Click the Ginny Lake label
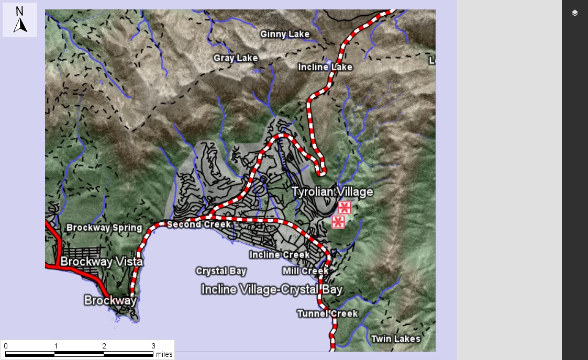pyautogui.click(x=285, y=35)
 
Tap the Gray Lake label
pyautogui.click(x=236, y=58)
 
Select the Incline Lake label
pyautogui.click(x=325, y=67)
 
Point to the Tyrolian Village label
pyautogui.click(x=332, y=192)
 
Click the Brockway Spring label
pyautogui.click(x=104, y=228)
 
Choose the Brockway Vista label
pyautogui.click(x=102, y=262)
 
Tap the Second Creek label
pyautogui.click(x=199, y=224)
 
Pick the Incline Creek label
pyautogui.click(x=280, y=255)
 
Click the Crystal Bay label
pyautogui.click(x=221, y=271)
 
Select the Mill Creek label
pyautogui.click(x=305, y=271)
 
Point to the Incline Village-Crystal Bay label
pyautogui.click(x=272, y=289)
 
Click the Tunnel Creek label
pyautogui.click(x=327, y=313)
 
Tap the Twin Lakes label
pyautogui.click(x=395, y=339)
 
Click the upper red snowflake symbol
pyautogui.click(x=344, y=207)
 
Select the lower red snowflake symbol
pyautogui.click(x=338, y=222)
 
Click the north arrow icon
pyautogui.click(x=20, y=20)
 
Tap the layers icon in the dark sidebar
pyautogui.click(x=575, y=13)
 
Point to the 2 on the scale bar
pyautogui.click(x=104, y=346)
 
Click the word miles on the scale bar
pyautogui.click(x=164, y=354)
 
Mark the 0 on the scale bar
pyautogui.click(x=6, y=346)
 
